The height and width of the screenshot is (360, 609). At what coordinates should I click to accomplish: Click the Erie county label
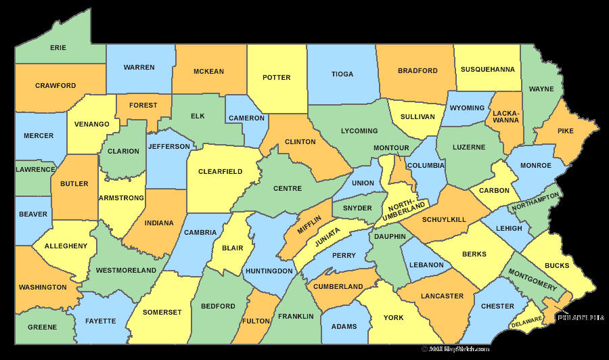point(58,48)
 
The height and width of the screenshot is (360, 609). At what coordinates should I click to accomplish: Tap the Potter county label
point(276,78)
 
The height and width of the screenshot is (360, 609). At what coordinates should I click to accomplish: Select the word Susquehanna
point(487,69)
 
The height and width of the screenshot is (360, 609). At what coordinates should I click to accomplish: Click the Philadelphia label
point(581,317)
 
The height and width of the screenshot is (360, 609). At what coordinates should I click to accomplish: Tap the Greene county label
point(42,328)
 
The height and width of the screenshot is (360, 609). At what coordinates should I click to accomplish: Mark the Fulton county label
point(256,321)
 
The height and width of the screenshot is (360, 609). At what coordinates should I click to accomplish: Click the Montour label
point(391,148)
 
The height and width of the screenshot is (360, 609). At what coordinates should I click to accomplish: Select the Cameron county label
point(246,118)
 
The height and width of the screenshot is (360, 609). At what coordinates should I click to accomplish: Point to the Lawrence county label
point(35,168)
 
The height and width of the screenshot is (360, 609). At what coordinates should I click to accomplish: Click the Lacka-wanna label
point(506,116)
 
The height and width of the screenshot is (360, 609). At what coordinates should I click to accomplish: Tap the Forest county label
point(143,106)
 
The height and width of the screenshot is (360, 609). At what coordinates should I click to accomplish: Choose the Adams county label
point(344,327)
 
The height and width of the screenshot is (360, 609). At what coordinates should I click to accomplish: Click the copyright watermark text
point(455,349)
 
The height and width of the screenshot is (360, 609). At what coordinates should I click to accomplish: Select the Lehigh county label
point(509,229)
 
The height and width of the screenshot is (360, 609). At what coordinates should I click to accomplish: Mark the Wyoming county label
point(467,108)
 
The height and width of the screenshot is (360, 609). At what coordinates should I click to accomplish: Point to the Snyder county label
point(357,208)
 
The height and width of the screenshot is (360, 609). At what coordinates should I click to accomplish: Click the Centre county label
point(287,188)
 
